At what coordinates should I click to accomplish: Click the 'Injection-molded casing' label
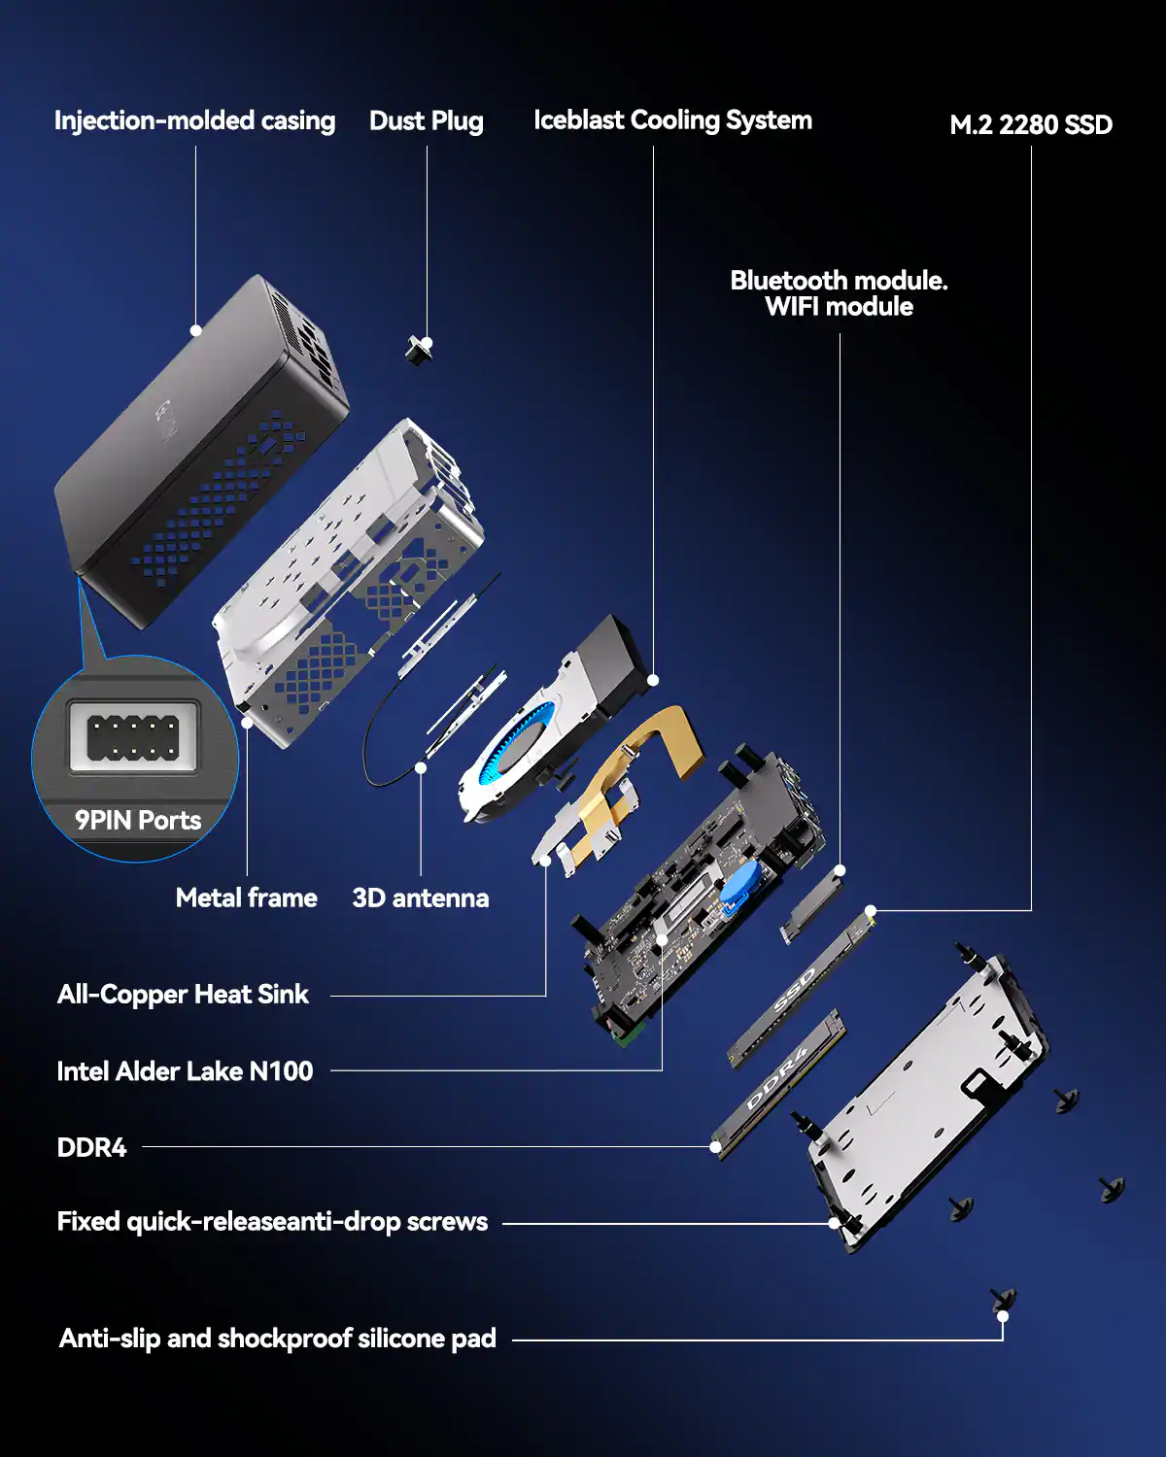tap(194, 120)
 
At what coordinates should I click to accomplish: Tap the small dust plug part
tap(419, 350)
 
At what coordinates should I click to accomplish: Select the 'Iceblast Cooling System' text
tap(672, 120)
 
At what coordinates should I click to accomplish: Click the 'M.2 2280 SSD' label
tap(1031, 125)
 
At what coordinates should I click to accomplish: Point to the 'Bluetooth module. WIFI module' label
tap(839, 293)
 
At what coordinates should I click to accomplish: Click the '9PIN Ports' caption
tap(138, 821)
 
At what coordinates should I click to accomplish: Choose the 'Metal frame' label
tap(246, 898)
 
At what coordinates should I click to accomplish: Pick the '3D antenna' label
tap(420, 898)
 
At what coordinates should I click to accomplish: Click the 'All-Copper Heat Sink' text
tap(183, 995)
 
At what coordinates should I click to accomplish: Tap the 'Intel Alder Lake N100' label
tap(185, 1071)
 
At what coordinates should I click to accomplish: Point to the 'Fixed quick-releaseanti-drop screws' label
tap(272, 1222)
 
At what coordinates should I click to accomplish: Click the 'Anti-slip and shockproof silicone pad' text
tap(277, 1338)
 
